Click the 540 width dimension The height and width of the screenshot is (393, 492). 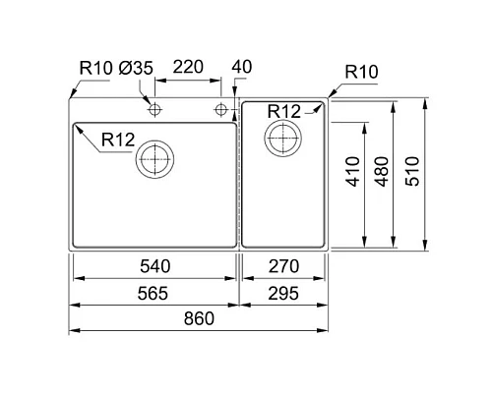(x=155, y=267)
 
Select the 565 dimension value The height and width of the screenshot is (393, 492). (x=155, y=294)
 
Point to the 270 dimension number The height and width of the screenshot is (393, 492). (x=283, y=267)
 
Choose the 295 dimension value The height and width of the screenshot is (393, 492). (x=283, y=294)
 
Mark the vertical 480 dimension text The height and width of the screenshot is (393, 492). (x=379, y=174)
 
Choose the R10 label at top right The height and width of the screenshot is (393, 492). (x=362, y=73)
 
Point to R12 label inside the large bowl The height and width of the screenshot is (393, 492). (x=116, y=140)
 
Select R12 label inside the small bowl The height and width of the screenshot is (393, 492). (x=283, y=111)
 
